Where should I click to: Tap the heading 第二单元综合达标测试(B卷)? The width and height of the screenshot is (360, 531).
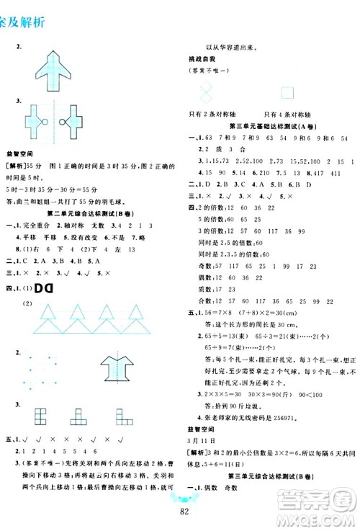click(94, 213)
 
